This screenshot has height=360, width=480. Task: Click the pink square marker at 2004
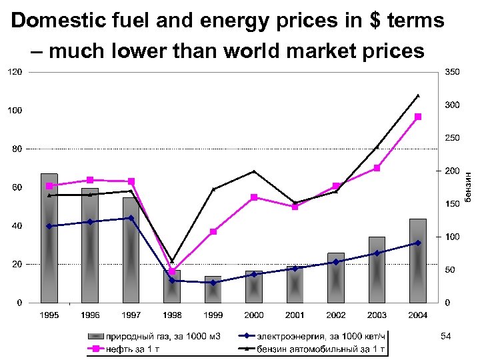click(418, 117)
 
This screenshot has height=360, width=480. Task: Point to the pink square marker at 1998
click(172, 271)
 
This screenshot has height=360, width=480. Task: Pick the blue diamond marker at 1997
click(131, 218)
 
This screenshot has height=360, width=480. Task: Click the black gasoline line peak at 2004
click(418, 96)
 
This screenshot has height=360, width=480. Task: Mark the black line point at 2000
click(254, 171)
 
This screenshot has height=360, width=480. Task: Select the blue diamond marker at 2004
click(418, 243)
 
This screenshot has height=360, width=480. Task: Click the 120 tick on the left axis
click(15, 71)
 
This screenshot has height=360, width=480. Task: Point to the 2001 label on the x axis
click(295, 315)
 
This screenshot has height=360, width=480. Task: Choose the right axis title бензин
click(469, 187)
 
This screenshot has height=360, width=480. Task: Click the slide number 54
click(445, 337)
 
